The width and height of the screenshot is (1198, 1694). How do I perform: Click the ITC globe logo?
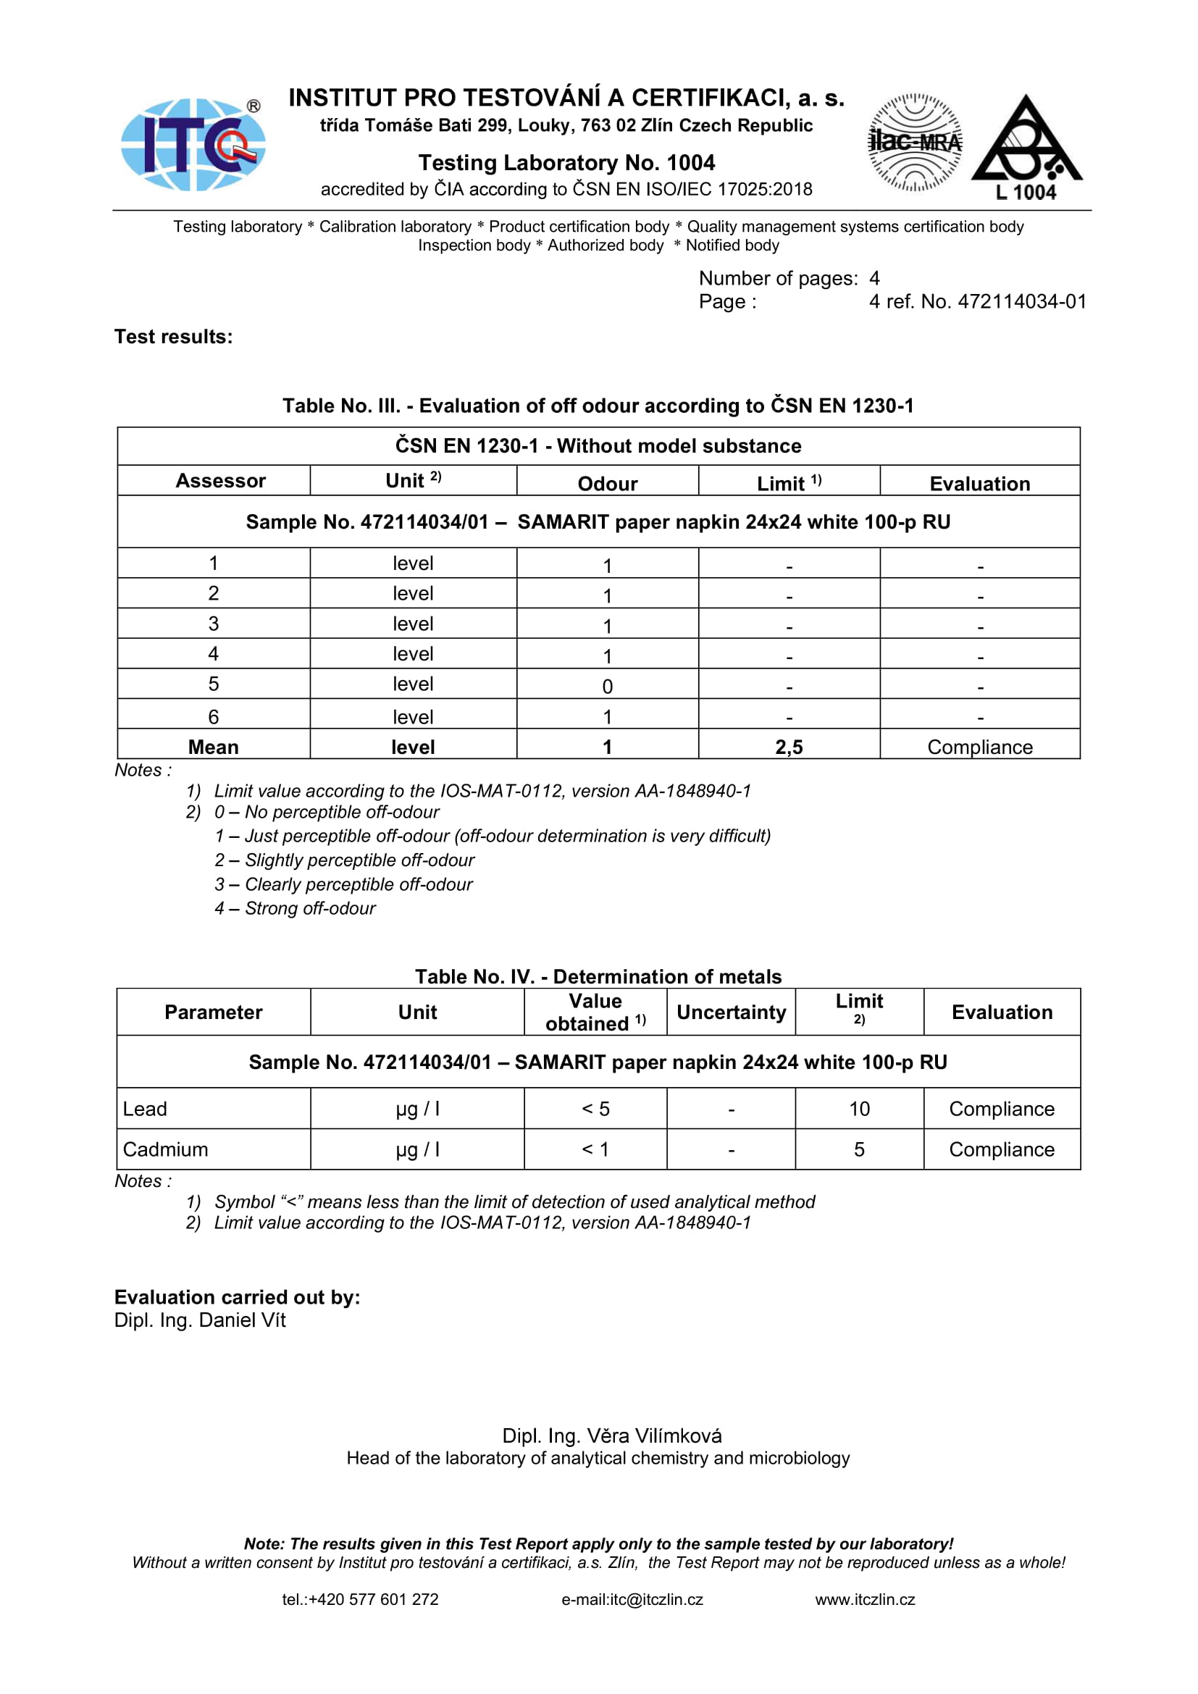[x=193, y=145]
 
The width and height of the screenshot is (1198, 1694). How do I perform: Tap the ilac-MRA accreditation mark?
[x=915, y=143]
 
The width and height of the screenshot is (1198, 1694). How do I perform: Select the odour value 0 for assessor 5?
[x=607, y=686]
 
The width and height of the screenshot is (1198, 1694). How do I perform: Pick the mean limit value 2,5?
[x=789, y=747]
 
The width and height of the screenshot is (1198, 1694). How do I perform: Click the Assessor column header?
[x=220, y=481]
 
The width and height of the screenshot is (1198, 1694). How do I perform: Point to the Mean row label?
[x=213, y=747]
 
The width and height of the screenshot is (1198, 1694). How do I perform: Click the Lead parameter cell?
[x=146, y=1108]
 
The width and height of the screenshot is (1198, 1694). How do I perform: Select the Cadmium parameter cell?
[x=165, y=1149]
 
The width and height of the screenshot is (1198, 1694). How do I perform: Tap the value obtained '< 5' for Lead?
[x=595, y=1108]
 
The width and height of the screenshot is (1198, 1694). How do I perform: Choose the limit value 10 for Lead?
[x=859, y=1108]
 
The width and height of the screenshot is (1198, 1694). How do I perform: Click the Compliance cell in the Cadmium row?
[x=1001, y=1149]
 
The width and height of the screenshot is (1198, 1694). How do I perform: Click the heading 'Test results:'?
[x=173, y=337]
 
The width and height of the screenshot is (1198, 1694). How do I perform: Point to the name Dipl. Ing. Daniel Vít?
[x=200, y=1320]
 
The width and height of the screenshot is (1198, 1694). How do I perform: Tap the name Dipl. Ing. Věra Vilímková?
[x=611, y=1435]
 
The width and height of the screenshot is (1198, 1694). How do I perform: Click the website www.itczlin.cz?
[x=865, y=1599]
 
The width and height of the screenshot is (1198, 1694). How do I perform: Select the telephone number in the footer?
[x=360, y=1599]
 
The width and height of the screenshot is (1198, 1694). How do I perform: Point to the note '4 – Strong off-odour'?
[x=295, y=908]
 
